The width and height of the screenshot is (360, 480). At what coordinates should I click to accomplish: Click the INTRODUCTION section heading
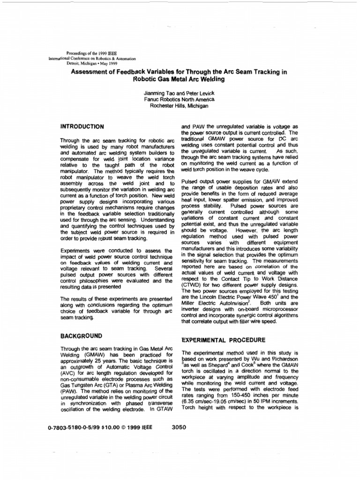pyautogui.click(x=82, y=127)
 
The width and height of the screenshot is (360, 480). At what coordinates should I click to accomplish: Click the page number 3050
pyautogui.click(x=179, y=427)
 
